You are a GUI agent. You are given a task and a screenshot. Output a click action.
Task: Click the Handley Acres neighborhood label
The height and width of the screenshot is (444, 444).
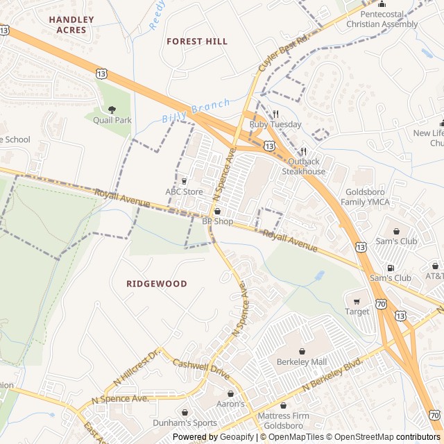coord(67,25)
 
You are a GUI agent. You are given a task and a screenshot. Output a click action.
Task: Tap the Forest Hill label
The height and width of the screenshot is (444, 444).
coord(197,42)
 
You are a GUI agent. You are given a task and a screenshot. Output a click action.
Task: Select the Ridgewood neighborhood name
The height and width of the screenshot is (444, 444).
coord(157,284)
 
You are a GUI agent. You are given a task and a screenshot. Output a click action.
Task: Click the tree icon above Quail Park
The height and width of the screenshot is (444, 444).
coord(112,109)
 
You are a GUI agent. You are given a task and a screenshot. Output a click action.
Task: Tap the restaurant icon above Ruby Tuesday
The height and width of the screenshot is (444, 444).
coord(275,114)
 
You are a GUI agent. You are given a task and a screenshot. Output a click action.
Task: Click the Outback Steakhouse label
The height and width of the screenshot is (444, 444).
coord(303,166)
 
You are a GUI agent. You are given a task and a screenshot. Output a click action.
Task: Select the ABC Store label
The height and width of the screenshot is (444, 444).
coord(184,191)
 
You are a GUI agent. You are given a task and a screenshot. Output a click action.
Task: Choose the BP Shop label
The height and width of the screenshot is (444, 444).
coord(217,221)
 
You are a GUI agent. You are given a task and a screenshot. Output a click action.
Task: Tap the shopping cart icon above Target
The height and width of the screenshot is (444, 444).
coord(357,301)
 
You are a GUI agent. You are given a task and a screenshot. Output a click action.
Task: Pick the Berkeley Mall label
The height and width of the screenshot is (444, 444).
coord(301,362)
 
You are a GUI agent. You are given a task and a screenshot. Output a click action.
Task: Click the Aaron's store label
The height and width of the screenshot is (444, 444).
coord(231,404)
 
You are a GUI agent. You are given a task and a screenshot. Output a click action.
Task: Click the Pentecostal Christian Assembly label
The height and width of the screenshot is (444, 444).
coord(382,19)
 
